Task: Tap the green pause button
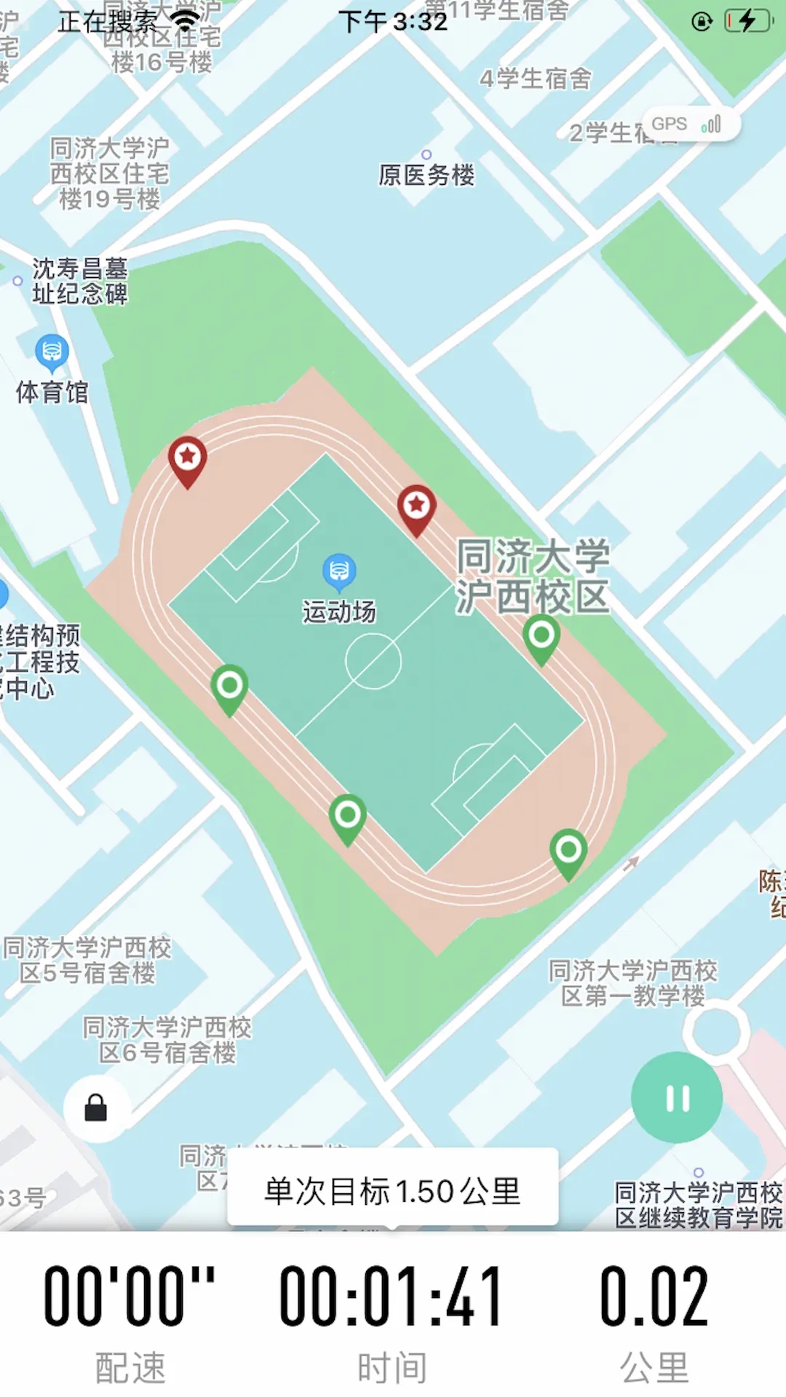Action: coord(677,1097)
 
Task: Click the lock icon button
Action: coord(96,1108)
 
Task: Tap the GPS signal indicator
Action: coord(690,124)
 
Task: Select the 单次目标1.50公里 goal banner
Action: coord(392,1191)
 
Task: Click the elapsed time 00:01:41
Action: coord(392,1296)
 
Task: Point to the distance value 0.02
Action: coord(654,1296)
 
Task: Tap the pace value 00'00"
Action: coord(130,1296)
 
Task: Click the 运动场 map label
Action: coord(339,612)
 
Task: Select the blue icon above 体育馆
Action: coord(52,352)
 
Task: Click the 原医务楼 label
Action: coord(426,175)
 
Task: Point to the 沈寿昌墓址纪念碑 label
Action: coord(79,281)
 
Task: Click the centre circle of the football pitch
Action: coord(373,661)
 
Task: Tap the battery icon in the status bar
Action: coord(748,21)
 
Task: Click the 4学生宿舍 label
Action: coord(536,79)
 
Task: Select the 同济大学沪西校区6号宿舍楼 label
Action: coord(167,1040)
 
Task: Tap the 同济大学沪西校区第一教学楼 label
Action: coord(633,983)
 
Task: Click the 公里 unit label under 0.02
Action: coord(654,1367)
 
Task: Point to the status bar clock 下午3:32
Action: coord(393,22)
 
